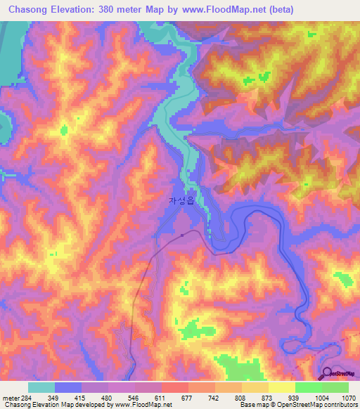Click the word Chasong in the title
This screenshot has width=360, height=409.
point(31,9)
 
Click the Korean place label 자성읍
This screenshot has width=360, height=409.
point(181,200)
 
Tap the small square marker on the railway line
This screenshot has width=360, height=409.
point(182,235)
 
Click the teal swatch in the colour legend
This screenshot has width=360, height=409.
point(41,387)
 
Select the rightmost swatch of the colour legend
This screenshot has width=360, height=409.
point(335,387)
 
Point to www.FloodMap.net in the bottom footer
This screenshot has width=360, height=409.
point(146,405)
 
